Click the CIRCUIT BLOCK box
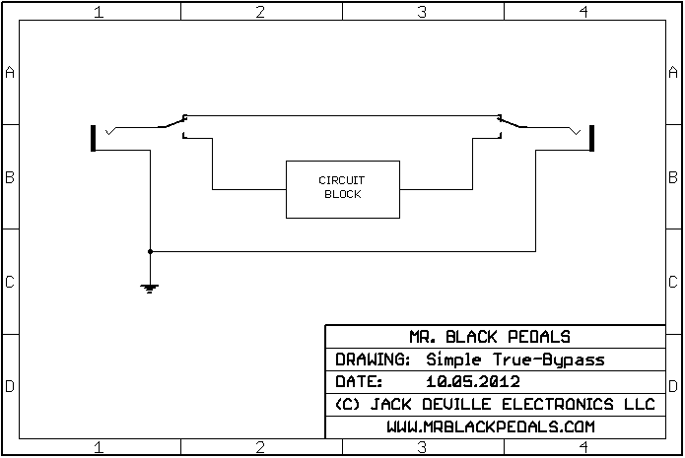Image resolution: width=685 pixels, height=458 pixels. (341, 188)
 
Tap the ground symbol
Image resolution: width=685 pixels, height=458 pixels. (150, 288)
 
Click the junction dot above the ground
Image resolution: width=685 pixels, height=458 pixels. (150, 251)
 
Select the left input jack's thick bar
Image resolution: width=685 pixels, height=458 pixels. (94, 138)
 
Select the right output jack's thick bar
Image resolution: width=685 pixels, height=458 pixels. (591, 138)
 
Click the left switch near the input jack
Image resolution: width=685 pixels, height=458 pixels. (172, 123)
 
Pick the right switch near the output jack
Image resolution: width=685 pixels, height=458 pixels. (513, 123)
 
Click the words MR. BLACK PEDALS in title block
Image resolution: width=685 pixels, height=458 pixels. (504, 336)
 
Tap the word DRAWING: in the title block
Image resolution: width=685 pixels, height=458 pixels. (373, 360)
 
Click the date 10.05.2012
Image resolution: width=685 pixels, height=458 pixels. (473, 381)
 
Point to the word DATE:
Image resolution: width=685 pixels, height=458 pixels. (356, 381)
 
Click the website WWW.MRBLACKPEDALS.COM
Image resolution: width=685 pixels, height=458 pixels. (504, 426)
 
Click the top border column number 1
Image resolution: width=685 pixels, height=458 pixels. (99, 12)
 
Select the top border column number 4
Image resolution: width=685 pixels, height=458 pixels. (583, 12)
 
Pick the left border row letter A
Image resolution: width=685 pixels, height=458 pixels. (10, 73)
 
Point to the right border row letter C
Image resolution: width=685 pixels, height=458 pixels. (673, 282)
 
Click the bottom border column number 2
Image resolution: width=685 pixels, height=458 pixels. (260, 448)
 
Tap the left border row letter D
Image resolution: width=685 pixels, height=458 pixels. (10, 386)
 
